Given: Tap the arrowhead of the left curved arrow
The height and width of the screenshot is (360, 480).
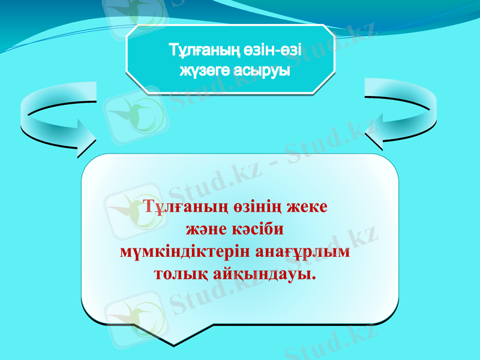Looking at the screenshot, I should point(84,139).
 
